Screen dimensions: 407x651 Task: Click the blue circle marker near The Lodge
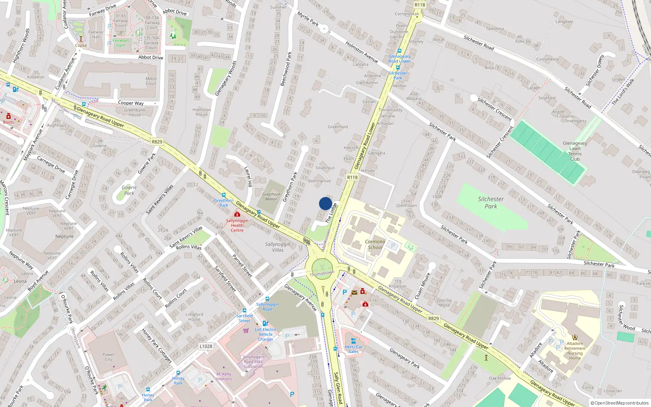tap(325, 203)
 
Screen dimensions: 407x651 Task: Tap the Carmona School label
tap(375, 244)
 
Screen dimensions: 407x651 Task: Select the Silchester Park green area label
tap(491, 203)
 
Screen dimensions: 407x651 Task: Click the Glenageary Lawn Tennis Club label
tap(575, 151)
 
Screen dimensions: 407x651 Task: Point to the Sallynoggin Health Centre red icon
tap(237, 214)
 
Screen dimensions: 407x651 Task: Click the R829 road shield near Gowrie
tap(157, 142)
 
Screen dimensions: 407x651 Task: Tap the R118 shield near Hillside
tap(352, 177)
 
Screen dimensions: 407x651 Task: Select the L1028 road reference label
tap(206, 346)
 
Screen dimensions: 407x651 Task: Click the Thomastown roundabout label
tap(322, 274)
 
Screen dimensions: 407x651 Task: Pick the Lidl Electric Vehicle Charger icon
tap(265, 324)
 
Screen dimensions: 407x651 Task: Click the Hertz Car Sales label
tap(354, 349)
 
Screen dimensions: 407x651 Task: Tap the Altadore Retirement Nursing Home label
tap(575, 350)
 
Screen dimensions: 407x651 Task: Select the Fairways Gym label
tap(120, 43)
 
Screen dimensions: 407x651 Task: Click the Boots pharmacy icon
tap(8, 116)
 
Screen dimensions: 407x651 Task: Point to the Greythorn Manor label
tap(271, 197)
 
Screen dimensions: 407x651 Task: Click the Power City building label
tap(108, 357)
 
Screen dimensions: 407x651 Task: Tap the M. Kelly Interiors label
tap(224, 376)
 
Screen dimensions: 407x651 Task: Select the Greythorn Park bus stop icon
tap(223, 195)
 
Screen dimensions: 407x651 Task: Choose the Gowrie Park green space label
tap(129, 190)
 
